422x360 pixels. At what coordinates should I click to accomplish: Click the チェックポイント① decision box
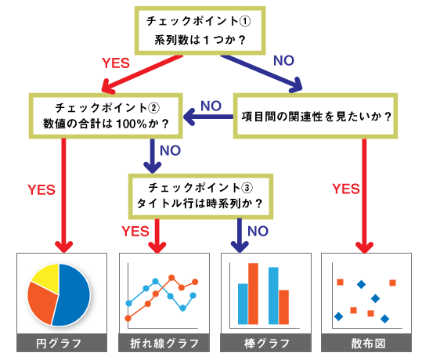[200, 31]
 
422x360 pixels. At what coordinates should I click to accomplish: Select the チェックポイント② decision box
[106, 116]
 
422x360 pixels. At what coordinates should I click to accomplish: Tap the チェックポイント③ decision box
[200, 196]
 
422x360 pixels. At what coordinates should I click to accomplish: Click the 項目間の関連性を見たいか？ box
[316, 116]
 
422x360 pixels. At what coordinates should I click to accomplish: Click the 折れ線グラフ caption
[164, 343]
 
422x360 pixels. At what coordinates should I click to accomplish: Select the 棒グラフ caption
[266, 343]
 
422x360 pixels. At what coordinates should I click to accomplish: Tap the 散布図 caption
[366, 343]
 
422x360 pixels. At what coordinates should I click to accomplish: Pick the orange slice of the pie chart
[41, 302]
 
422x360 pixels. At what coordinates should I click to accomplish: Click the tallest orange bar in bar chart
[253, 293]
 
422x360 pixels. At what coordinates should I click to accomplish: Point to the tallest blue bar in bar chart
[273, 296]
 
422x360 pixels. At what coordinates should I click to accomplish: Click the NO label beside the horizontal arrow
[211, 106]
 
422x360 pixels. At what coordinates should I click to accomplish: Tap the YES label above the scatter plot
[346, 189]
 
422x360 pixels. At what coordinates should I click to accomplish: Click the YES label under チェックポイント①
[116, 63]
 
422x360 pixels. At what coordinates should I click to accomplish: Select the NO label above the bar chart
[258, 231]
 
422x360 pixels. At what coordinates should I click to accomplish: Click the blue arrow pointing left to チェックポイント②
[208, 117]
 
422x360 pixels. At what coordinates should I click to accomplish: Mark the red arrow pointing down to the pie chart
[63, 196]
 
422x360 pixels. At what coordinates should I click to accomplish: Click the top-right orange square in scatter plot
[393, 283]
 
